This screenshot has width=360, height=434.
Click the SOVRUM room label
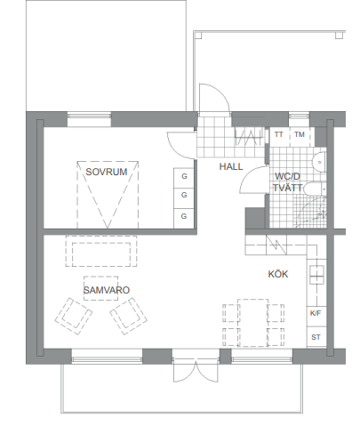click(107, 172)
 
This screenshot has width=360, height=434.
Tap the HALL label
click(231, 166)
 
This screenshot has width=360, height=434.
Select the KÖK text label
click(278, 274)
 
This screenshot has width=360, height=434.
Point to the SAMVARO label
click(107, 290)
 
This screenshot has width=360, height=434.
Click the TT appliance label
click(279, 134)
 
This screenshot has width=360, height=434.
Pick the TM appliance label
click(300, 134)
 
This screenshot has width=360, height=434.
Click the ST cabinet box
click(316, 336)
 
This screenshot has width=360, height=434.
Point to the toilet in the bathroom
click(315, 189)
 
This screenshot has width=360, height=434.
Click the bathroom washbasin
click(319, 162)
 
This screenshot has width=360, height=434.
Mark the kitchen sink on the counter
click(316, 275)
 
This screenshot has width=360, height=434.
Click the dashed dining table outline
click(253, 323)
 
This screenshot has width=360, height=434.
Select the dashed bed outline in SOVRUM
click(108, 195)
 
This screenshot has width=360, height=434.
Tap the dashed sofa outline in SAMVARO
click(101, 251)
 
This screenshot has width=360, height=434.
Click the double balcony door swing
click(196, 370)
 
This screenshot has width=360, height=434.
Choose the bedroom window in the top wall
click(89, 119)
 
